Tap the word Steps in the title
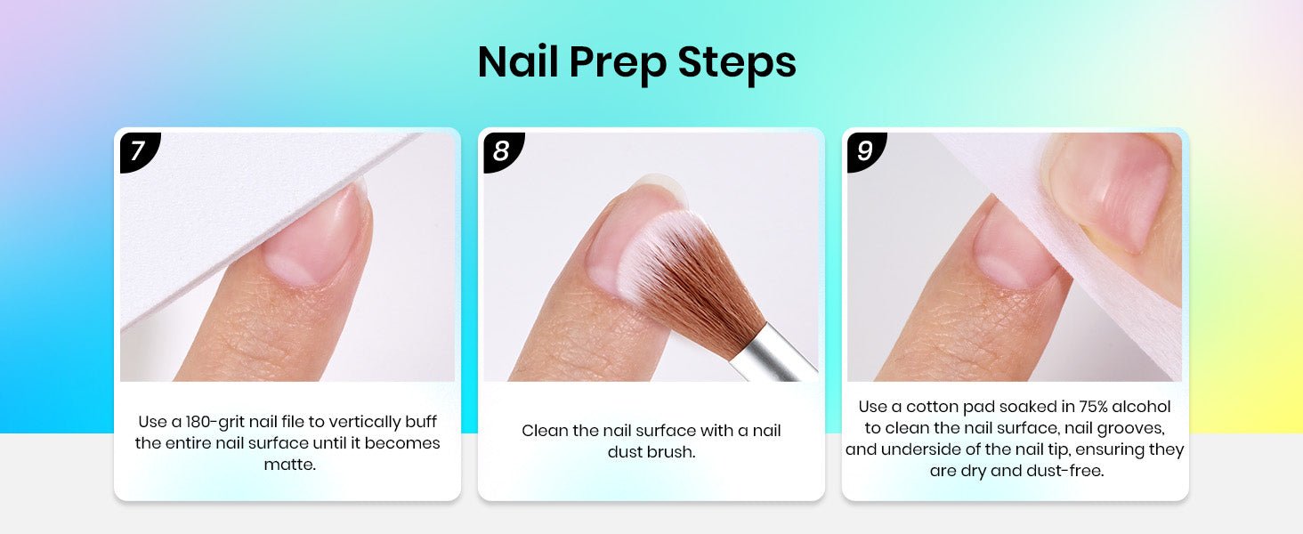click(737, 61)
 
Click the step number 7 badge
click(140, 151)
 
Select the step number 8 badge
click(503, 151)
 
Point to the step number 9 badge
click(867, 151)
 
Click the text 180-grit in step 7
click(214, 422)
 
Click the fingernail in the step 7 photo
click(314, 239)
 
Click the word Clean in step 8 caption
click(545, 431)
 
